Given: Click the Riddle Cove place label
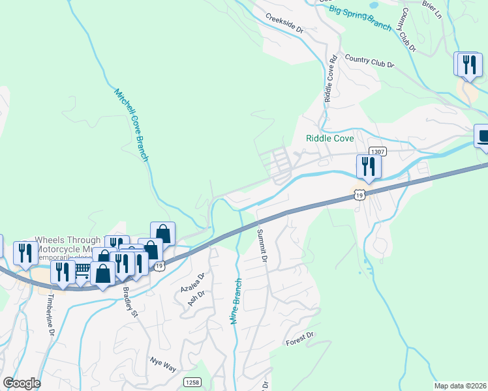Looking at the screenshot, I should click(330, 139).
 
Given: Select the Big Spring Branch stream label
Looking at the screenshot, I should click(360, 18).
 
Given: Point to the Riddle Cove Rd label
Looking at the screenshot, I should click(330, 77).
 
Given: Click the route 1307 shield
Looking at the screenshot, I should click(377, 151).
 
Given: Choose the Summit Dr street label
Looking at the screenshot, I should click(262, 246).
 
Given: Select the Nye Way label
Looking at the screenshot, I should click(163, 364).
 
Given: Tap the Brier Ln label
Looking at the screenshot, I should click(432, 9).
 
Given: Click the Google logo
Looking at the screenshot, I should click(22, 383).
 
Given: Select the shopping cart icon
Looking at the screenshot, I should click(82, 271).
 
